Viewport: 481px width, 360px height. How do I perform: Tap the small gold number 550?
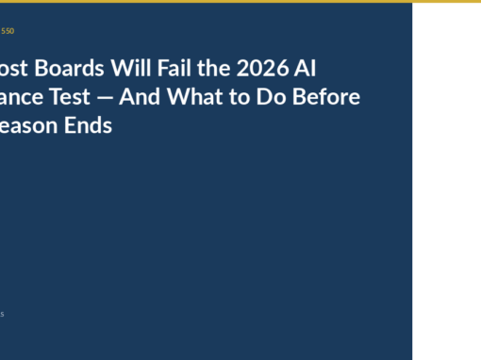[x=8, y=31]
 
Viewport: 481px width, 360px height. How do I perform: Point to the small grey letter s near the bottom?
[x=2, y=314]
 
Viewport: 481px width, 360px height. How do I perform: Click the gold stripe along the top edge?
[x=240, y=1]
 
